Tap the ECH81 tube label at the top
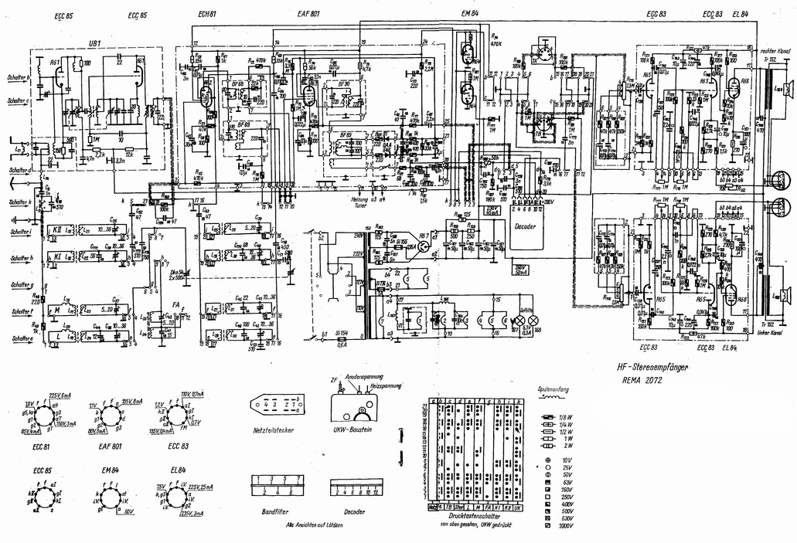pyautogui.click(x=206, y=15)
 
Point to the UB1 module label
pyautogui.click(x=96, y=43)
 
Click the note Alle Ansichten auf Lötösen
pyautogui.click(x=313, y=524)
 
